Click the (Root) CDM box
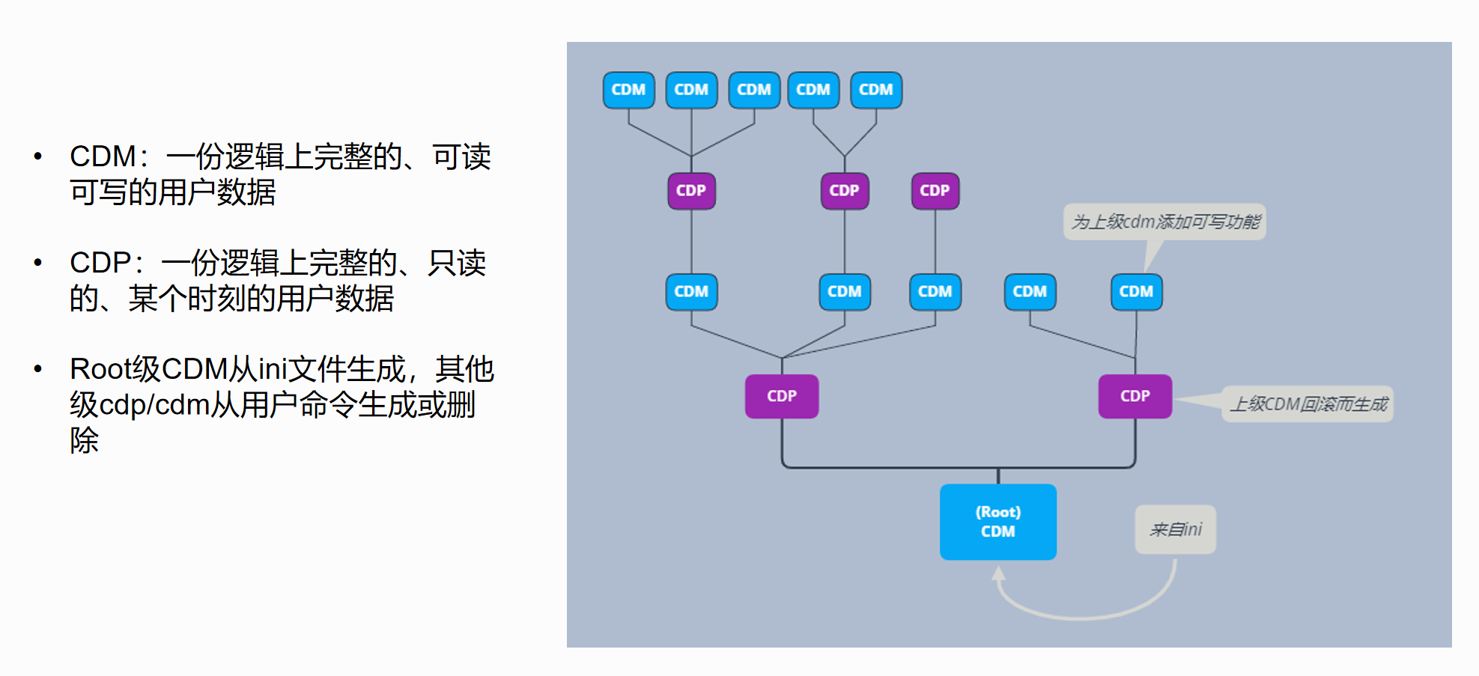(x=998, y=522)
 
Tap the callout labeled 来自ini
(x=1175, y=529)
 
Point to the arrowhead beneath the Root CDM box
(x=998, y=573)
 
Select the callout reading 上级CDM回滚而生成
(x=1308, y=404)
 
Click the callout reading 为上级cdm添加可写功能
(x=1164, y=222)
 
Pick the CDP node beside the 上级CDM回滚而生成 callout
(x=1135, y=396)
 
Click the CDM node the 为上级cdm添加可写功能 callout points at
(x=1136, y=291)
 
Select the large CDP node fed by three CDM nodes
(x=782, y=396)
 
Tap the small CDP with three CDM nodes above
(x=691, y=191)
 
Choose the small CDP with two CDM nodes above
(x=845, y=191)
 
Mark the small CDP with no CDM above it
(x=935, y=191)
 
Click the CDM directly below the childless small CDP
(x=935, y=291)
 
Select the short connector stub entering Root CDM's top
(x=998, y=476)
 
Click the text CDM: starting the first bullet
(x=109, y=157)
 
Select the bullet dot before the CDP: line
(x=38, y=262)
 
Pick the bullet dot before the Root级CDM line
(x=38, y=368)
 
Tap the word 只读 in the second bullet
(x=457, y=264)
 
